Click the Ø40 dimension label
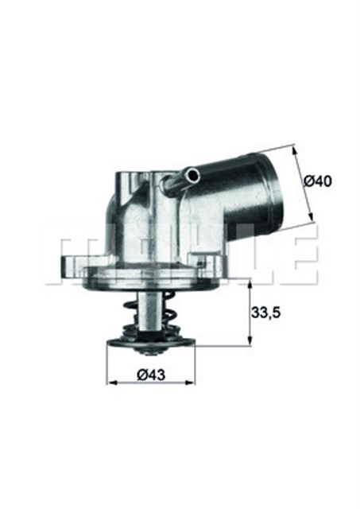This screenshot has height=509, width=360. click(319, 181)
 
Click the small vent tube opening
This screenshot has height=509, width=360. click(190, 171)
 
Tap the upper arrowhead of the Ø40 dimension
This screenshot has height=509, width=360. click(295, 150)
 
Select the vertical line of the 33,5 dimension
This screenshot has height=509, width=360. click(252, 313)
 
